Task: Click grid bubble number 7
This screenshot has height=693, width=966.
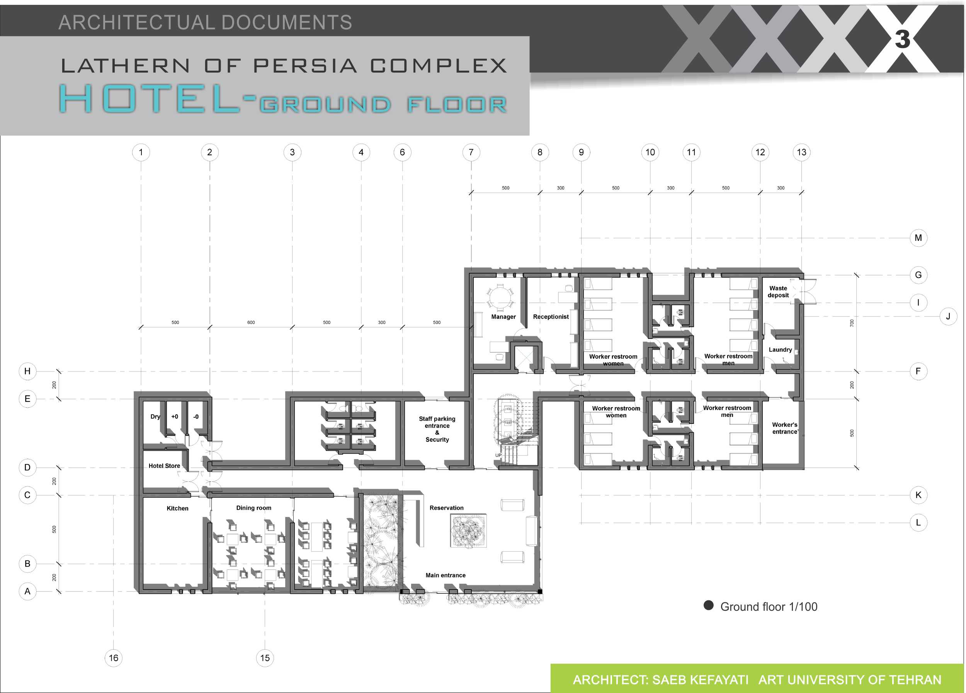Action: pyautogui.click(x=471, y=152)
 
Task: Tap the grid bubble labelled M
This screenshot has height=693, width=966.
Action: pyautogui.click(x=918, y=238)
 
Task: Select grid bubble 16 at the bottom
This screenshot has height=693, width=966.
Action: pyautogui.click(x=113, y=658)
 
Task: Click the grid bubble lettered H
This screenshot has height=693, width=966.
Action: pyautogui.click(x=27, y=371)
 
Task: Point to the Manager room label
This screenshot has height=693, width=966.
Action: pyautogui.click(x=503, y=317)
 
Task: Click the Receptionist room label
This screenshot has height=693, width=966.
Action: pyautogui.click(x=551, y=317)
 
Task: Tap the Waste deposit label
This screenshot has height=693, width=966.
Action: pyautogui.click(x=778, y=291)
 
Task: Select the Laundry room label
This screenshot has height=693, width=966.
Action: pyautogui.click(x=780, y=349)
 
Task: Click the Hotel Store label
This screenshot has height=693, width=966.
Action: pyautogui.click(x=164, y=466)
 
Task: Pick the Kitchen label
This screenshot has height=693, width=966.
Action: pyautogui.click(x=177, y=508)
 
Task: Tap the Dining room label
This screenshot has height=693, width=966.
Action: pyautogui.click(x=253, y=508)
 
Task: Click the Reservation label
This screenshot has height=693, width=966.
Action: pyautogui.click(x=446, y=508)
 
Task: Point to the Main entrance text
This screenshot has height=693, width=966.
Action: pyautogui.click(x=446, y=575)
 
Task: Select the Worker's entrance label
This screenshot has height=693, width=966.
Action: pyautogui.click(x=784, y=428)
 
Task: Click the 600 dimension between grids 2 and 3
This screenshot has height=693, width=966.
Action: pyautogui.click(x=251, y=322)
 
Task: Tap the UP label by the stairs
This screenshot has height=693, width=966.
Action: pyautogui.click(x=498, y=456)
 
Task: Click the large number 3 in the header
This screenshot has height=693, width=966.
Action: pyautogui.click(x=903, y=39)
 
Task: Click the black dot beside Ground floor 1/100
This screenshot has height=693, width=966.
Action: pyautogui.click(x=708, y=605)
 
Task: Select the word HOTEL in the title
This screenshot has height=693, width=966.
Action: pyautogui.click(x=149, y=98)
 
